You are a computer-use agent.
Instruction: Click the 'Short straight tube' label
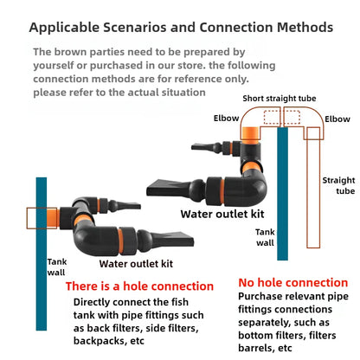pyautogui.click(x=280, y=99)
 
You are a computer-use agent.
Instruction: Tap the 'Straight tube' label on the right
pyautogui.click(x=338, y=185)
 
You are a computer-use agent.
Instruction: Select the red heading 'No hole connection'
pyautogui.click(x=293, y=283)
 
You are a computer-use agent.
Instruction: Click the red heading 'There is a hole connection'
pyautogui.click(x=139, y=286)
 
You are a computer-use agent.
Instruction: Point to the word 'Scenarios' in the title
pyautogui.click(x=135, y=28)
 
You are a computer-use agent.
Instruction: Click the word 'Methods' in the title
pyautogui.click(x=305, y=28)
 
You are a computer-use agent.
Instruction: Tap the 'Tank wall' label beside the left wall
pyautogui.click(x=57, y=267)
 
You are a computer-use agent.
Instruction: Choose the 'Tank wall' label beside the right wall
pyautogui.click(x=265, y=237)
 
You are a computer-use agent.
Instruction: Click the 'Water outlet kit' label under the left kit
pyautogui.click(x=136, y=264)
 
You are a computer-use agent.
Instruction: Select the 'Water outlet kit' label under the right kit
pyautogui.click(x=222, y=214)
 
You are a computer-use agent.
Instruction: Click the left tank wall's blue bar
pyautogui.click(x=42, y=254)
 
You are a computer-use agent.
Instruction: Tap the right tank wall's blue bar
pyautogui.click(x=282, y=194)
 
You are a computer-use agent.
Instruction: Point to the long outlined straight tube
pyautogui.click(x=313, y=188)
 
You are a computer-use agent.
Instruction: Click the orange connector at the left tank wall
pyautogui.click(x=53, y=218)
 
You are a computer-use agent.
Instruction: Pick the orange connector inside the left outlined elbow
pyautogui.click(x=250, y=134)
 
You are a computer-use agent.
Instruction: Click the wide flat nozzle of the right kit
pyautogui.click(x=167, y=188)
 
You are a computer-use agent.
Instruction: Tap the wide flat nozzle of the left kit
pyautogui.click(x=173, y=239)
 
